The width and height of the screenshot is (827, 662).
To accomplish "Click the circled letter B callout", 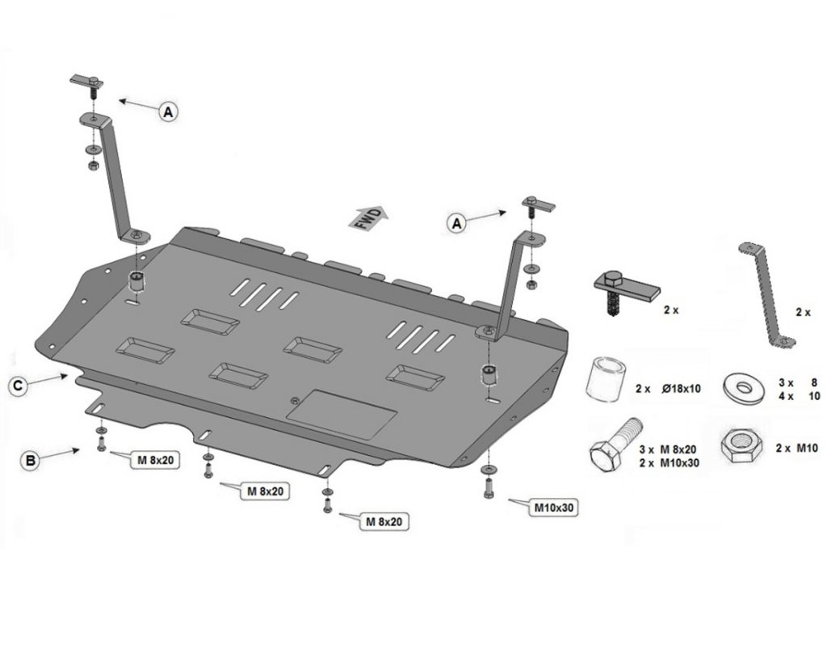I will pyautogui.click(x=30, y=462).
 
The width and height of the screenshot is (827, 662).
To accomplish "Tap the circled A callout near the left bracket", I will pyautogui.click(x=167, y=112).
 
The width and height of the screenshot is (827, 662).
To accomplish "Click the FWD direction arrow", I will pyautogui.click(x=367, y=217).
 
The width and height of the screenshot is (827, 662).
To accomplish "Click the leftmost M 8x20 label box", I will pyautogui.click(x=153, y=461).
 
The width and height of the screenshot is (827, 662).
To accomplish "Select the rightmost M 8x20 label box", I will pyautogui.click(x=384, y=522).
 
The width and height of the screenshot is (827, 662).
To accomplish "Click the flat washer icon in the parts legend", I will pyautogui.click(x=744, y=387).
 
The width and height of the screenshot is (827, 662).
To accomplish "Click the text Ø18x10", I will pyautogui.click(x=682, y=389).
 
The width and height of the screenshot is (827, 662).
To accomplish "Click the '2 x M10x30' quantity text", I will pyautogui.click(x=668, y=463).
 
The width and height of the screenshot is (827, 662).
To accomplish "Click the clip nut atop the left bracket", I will pyautogui.click(x=88, y=81).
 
